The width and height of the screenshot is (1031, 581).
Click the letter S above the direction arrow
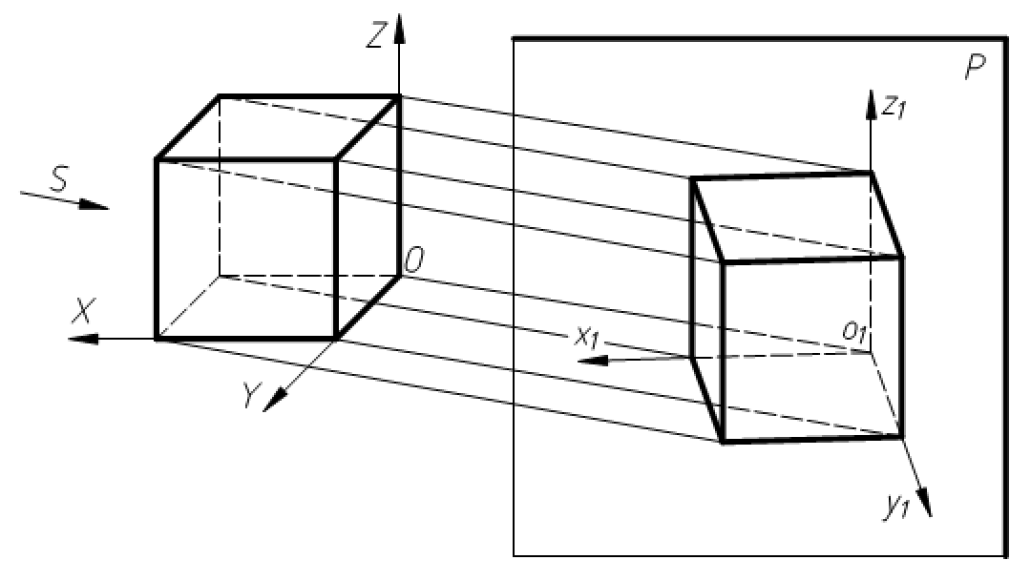pyautogui.click(x=59, y=180)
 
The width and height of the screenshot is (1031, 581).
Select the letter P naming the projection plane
pyautogui.click(x=975, y=70)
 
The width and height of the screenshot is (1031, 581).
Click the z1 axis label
pyautogui.click(x=895, y=108)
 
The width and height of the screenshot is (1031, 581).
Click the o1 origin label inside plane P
pyautogui.click(x=853, y=331)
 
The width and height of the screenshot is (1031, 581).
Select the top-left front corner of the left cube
pyautogui.click(x=157, y=159)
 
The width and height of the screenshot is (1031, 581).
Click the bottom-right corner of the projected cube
pyautogui.click(x=902, y=436)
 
